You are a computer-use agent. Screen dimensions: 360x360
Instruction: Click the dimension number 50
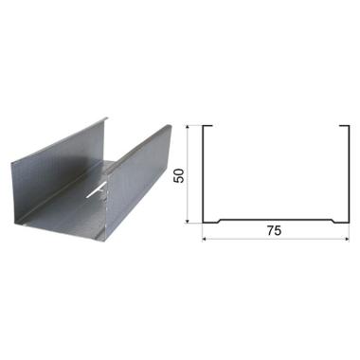tap(179, 175)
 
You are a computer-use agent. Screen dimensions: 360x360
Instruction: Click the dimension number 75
tap(274, 231)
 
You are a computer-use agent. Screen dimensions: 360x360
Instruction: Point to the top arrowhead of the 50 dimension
tap(188, 128)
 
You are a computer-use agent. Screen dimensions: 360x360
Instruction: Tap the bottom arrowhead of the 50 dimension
tap(188, 221)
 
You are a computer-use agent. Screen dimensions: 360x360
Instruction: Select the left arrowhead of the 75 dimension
tap(205, 239)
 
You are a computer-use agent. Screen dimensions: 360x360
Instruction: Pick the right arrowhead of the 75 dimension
tap(347, 239)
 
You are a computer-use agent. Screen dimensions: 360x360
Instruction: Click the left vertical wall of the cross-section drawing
tap(203, 174)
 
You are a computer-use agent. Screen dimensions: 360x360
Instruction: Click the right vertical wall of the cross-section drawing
tap(349, 174)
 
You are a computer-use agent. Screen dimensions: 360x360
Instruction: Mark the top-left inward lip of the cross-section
tap(207, 126)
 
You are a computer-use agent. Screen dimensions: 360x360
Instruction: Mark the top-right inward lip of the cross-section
tap(344, 126)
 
